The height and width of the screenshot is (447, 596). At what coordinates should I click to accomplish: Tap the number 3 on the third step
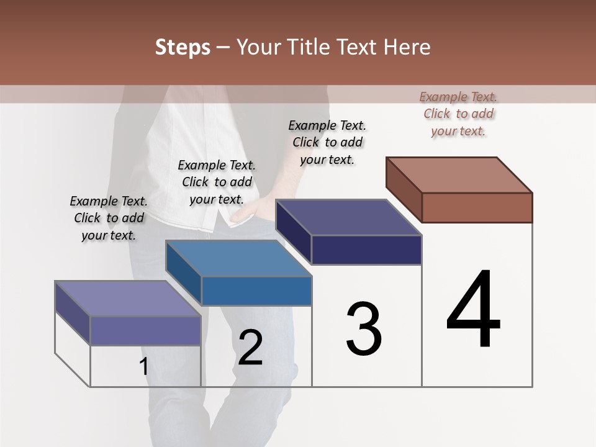[x=363, y=329]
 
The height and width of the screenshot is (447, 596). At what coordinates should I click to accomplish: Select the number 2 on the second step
[x=251, y=348]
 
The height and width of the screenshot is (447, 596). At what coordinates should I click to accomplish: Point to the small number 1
[x=143, y=367]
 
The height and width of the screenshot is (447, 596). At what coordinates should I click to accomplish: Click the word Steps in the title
[x=183, y=47]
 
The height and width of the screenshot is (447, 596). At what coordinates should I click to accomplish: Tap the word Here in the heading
[x=408, y=47]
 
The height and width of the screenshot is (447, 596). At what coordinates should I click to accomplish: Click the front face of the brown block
[x=477, y=207]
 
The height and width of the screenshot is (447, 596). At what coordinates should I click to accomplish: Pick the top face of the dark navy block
[x=349, y=217]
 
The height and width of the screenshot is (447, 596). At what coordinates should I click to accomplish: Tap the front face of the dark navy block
[x=366, y=250]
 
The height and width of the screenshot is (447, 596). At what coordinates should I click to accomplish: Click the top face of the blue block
[x=238, y=258]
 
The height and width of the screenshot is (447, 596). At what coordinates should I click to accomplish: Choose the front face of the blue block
[x=256, y=291]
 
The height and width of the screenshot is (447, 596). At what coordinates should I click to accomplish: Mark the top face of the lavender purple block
[x=128, y=299]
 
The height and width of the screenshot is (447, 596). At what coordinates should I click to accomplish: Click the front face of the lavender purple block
[x=145, y=331]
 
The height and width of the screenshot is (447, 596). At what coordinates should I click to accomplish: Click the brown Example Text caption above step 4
[x=458, y=114]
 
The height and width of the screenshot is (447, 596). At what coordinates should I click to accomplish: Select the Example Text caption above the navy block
[x=327, y=142]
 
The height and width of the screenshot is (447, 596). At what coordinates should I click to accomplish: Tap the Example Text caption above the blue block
[x=217, y=182]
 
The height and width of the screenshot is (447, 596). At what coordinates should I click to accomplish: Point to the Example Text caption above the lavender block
[x=109, y=218]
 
